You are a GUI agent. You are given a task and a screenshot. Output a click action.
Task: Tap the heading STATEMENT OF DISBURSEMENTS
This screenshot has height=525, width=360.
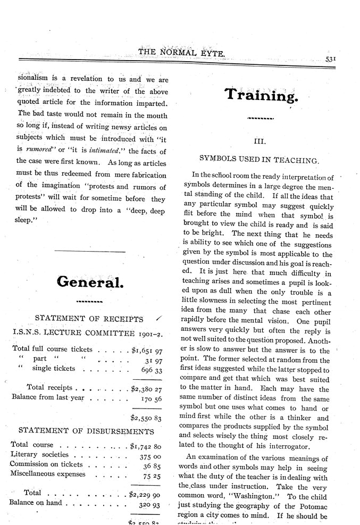pyautogui.click(x=87, y=430)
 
